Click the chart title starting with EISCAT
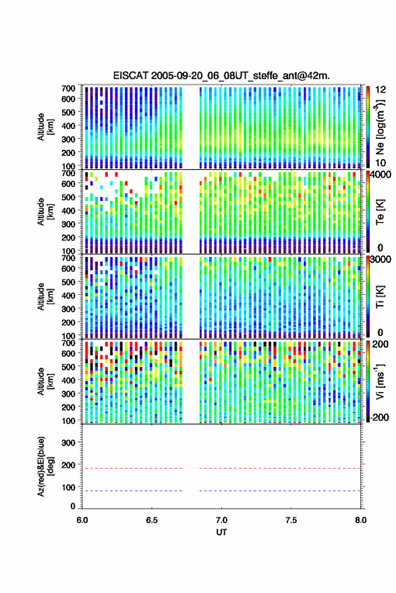tap(221, 76)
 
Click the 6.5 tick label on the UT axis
tap(152, 520)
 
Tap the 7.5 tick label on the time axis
tap(291, 520)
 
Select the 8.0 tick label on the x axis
tap(360, 520)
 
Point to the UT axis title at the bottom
tap(221, 532)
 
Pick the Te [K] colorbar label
tap(380, 213)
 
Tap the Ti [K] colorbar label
tap(380, 297)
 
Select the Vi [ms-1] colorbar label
tap(380, 381)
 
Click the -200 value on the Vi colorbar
tap(380, 418)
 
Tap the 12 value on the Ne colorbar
tap(381, 90)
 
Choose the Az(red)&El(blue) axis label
tap(45, 467)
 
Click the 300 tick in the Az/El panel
tap(68, 443)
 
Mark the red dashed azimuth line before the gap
tap(132, 469)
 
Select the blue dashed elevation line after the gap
tap(280, 491)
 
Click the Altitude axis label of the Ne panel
tap(45, 127)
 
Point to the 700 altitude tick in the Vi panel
tap(68, 343)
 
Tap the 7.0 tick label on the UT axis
tap(221, 520)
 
